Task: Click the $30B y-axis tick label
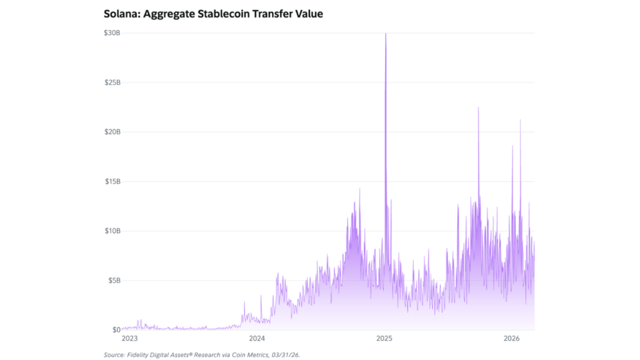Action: [x=112, y=32]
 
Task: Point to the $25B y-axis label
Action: [x=112, y=82]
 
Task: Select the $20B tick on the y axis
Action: [x=112, y=132]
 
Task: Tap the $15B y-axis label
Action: [x=112, y=181]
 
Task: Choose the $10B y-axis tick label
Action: [x=112, y=231]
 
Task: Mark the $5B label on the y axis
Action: [x=114, y=280]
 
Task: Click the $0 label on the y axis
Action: [x=116, y=329]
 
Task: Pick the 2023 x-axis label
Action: [x=129, y=339]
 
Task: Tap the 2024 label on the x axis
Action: [x=257, y=339]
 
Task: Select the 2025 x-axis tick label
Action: [x=384, y=339]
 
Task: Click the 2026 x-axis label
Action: [x=511, y=339]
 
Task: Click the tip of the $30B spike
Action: [x=386, y=34]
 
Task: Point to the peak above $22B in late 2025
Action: [x=478, y=107]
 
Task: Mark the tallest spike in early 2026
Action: [x=520, y=120]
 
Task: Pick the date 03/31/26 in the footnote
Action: [x=287, y=354]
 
